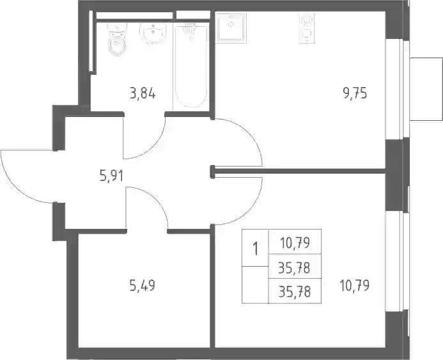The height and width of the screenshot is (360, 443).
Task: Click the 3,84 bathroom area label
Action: click(143, 93)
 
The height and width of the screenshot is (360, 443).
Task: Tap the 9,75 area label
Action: click(355, 93)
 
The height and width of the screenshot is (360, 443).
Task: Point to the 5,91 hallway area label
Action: click(111, 176)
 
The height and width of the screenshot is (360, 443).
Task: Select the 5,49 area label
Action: click(143, 286)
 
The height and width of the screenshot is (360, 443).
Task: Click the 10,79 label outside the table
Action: click(355, 285)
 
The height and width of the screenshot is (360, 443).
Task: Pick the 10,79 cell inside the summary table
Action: click(295, 242)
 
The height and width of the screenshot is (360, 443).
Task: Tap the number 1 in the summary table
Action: click(256, 249)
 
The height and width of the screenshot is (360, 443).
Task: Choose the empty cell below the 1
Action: click(255, 285)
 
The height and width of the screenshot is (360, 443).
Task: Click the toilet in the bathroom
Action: click(117, 39)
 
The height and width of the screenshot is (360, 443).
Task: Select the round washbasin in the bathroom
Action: click(153, 33)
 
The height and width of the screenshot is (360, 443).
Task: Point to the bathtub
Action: click(191, 66)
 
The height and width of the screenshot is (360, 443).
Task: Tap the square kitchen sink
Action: click(231, 27)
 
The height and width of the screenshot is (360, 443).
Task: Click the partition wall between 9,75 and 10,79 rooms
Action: click(299, 171)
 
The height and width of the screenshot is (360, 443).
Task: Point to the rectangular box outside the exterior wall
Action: click(426, 90)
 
